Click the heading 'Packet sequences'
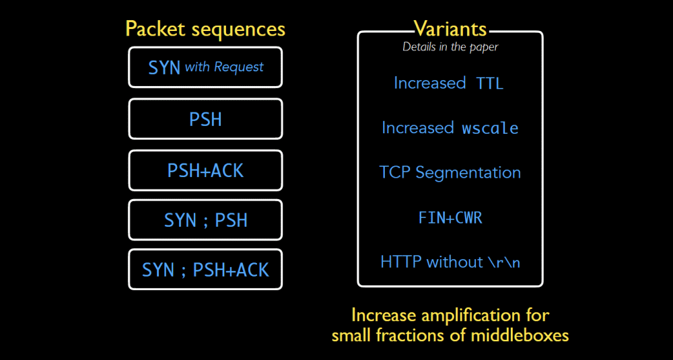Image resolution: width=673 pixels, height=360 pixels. coord(205,29)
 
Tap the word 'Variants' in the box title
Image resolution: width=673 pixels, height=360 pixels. coord(450,29)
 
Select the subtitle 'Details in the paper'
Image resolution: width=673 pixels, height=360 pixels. coord(450,47)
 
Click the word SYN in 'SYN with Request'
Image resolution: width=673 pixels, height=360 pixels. coord(164,68)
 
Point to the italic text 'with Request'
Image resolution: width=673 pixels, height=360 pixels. coord(224,67)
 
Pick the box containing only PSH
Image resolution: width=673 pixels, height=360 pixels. coord(205,119)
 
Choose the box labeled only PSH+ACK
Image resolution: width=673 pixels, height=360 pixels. coord(205,170)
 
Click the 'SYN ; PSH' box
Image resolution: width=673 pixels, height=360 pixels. coord(205,219)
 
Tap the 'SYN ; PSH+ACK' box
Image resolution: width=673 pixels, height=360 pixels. coord(205,269)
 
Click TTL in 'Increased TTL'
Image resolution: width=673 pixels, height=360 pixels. coord(490,83)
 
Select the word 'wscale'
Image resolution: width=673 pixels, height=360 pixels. coord(490,129)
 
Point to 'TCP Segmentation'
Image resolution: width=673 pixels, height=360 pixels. coord(450,173)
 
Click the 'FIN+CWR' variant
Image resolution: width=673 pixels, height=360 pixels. coord(450,218)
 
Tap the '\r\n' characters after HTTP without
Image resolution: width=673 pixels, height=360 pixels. coord(504,262)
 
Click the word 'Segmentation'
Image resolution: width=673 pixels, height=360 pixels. coord(468,173)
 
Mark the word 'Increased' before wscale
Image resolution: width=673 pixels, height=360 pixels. coord(418,128)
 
